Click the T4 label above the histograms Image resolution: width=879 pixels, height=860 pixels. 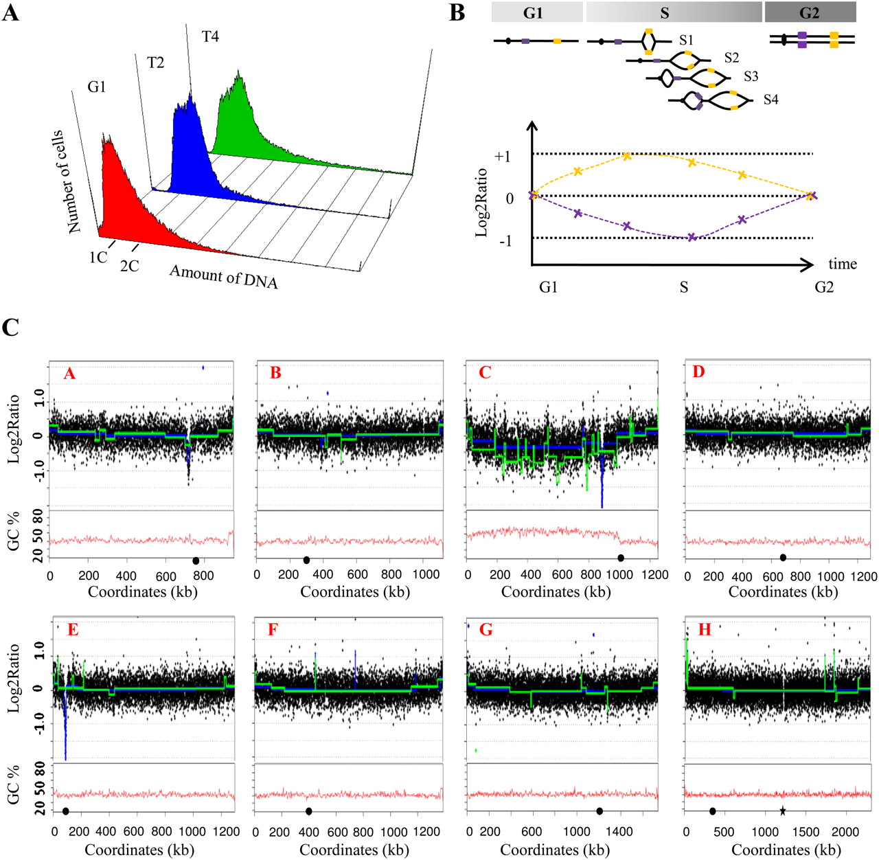[x=210, y=36]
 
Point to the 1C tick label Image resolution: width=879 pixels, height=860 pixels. [x=98, y=257]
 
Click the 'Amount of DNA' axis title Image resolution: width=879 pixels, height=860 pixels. [x=224, y=276]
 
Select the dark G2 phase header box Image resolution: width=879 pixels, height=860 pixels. [x=810, y=12]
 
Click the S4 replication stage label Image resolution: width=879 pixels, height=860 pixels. [x=770, y=100]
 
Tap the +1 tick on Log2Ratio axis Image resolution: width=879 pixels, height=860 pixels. [x=502, y=156]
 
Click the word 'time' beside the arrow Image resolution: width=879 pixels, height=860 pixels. [x=842, y=264]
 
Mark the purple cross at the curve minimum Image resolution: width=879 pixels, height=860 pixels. [x=692, y=237]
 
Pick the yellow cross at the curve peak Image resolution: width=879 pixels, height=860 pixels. [x=627, y=156]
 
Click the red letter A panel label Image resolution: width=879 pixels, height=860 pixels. [x=69, y=374]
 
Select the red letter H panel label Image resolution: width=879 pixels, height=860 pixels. [x=705, y=629]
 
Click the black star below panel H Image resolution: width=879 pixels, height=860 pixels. [x=782, y=811]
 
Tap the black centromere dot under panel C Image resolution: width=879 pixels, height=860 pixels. [x=621, y=558]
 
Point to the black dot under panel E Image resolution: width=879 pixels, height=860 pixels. [x=65, y=811]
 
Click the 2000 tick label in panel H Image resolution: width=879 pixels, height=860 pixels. [x=845, y=832]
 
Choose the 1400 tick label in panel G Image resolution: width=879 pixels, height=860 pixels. [x=619, y=832]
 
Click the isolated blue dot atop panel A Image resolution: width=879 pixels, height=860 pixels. [x=203, y=367]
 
